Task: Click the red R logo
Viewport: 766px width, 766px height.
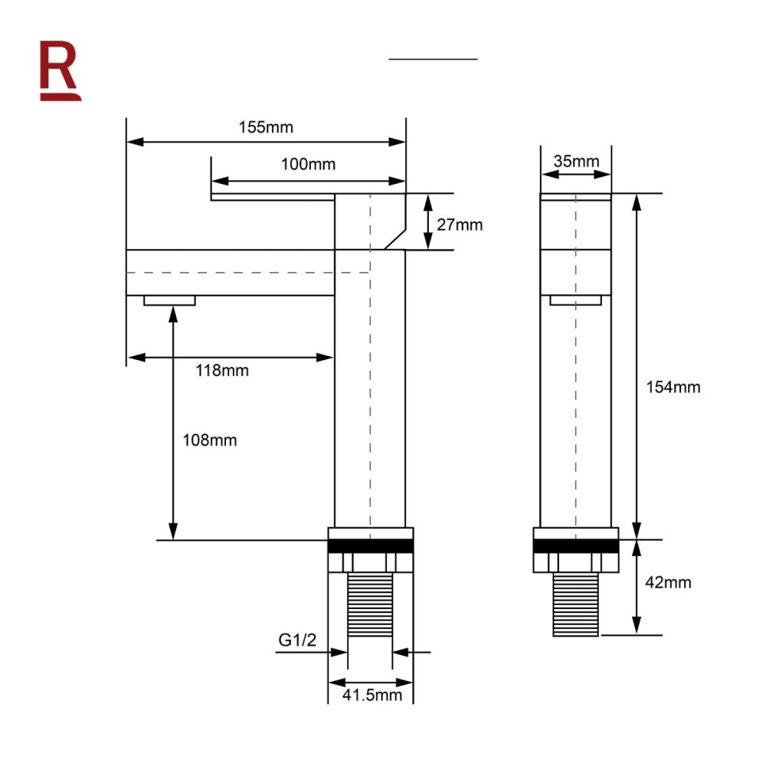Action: click(x=60, y=70)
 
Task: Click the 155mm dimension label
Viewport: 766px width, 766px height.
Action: click(x=266, y=127)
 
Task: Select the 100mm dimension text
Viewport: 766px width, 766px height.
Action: click(x=308, y=165)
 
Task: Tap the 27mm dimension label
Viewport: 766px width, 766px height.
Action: click(x=460, y=224)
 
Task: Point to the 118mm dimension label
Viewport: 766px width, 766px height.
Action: click(x=222, y=371)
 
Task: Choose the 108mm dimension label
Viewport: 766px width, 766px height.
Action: click(x=210, y=440)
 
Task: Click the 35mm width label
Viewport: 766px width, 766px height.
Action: click(x=576, y=161)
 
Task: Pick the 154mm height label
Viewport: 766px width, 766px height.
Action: click(x=673, y=387)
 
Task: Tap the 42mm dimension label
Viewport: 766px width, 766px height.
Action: click(x=667, y=582)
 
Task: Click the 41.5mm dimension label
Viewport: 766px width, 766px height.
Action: click(x=372, y=696)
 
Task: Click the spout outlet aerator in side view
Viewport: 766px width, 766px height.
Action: click(x=169, y=300)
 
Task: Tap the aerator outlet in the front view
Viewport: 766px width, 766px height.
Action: click(x=575, y=300)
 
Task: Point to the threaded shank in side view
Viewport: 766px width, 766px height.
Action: click(x=371, y=604)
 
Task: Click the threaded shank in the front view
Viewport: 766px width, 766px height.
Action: click(x=575, y=604)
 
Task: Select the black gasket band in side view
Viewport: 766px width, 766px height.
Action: click(x=371, y=546)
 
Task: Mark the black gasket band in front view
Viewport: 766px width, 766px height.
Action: click(x=575, y=546)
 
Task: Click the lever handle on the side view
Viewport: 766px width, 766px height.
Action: click(x=273, y=198)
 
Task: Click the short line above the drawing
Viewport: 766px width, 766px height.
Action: click(x=433, y=58)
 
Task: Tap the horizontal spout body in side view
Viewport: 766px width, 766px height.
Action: click(x=230, y=272)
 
